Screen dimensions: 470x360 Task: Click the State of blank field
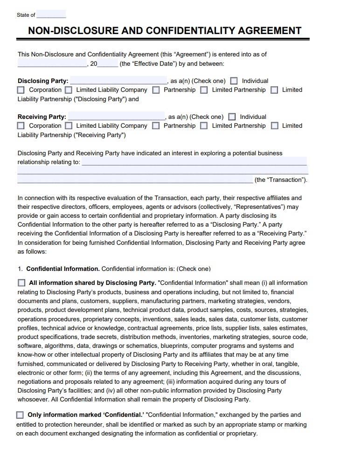pos(51,14)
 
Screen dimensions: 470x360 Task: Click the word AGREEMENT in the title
pos(270,31)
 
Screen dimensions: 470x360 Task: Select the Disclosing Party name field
pos(118,81)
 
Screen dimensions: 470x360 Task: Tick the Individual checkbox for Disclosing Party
pos(234,81)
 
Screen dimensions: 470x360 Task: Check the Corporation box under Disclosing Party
pos(21,90)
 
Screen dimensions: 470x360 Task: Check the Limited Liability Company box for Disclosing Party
pos(69,90)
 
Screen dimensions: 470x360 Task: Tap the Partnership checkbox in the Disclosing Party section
pos(156,90)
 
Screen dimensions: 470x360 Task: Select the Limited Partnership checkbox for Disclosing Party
pos(204,90)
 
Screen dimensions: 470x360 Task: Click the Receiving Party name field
pos(116,117)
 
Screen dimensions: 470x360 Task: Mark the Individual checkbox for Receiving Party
pos(232,117)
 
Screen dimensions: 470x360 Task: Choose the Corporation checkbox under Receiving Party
pos(21,126)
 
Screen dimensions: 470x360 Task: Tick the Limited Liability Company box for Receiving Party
pos(69,126)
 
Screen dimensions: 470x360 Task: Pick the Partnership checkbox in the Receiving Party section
pos(156,126)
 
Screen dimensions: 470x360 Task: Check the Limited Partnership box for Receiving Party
pos(204,126)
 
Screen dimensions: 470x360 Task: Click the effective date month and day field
pos(52,63)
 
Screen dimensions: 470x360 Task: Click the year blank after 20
pos(108,63)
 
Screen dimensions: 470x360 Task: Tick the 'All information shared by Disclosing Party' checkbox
pos(21,283)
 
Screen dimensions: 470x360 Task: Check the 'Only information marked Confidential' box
pos(20,415)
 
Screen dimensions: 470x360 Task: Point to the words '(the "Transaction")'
pos(281,180)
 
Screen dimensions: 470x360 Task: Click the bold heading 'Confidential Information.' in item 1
pos(63,269)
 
